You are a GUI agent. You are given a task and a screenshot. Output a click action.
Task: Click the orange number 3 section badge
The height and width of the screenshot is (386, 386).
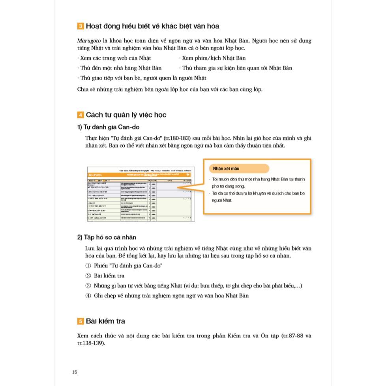81,26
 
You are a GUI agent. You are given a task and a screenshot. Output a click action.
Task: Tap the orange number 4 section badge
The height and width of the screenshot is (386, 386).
81,115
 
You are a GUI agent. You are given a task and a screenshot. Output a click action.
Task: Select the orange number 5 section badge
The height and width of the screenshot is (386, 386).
81,321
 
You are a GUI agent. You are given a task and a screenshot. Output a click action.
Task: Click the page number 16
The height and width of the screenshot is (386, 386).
75,372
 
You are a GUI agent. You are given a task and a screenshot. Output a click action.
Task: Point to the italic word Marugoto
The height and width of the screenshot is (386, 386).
89,41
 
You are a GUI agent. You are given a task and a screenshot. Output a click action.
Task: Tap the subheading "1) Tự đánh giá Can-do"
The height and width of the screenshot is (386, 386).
108,127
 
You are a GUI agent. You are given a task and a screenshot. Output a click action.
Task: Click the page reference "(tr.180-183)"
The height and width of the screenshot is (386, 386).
177,138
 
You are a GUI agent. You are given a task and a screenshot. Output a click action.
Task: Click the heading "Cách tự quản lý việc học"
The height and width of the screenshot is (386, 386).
126,115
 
